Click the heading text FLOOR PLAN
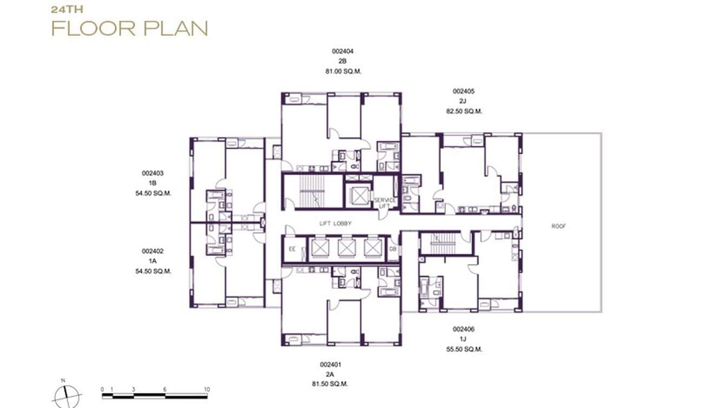coord(129,28)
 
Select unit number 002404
coord(342,51)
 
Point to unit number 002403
coord(153,174)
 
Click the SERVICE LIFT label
coord(385,202)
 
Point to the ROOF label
coord(558,226)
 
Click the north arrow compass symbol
coord(67,396)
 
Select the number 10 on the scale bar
coord(206,390)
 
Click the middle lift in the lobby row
coord(346,248)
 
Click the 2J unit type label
coord(463,101)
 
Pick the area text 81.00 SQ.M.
coord(342,71)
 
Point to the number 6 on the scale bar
coord(165,390)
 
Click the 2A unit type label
coord(330,374)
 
